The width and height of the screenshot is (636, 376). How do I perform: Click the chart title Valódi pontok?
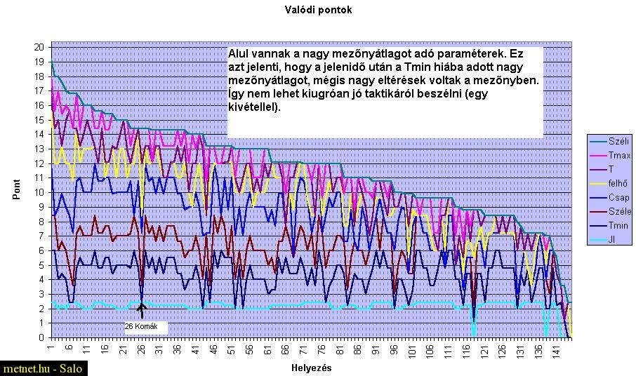tap(318, 10)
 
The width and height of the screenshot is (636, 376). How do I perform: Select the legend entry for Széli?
tap(618, 141)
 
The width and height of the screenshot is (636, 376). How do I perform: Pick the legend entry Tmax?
tap(618, 155)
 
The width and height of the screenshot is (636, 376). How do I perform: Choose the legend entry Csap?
tap(618, 197)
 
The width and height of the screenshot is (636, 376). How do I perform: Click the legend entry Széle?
tap(618, 211)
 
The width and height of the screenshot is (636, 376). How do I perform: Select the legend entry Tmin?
tap(618, 225)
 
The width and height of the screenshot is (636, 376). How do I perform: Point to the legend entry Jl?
tap(614, 239)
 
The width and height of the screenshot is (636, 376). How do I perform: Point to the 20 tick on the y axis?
tap(40, 47)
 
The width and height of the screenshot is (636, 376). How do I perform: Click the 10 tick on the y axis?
tap(40, 192)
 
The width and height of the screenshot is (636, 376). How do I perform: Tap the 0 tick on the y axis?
tap(42, 337)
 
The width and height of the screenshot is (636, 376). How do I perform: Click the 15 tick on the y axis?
tap(40, 120)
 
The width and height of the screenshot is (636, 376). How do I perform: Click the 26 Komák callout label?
tap(146, 327)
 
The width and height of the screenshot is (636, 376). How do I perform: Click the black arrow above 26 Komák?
tap(141, 310)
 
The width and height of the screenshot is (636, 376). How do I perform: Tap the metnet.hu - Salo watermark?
tap(43, 369)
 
